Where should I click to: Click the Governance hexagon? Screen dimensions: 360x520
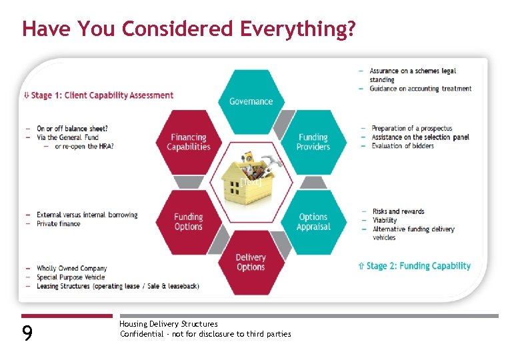click(x=251, y=101)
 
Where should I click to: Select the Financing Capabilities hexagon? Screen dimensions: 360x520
click(x=188, y=142)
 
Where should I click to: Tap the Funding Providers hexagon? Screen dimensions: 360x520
click(x=313, y=142)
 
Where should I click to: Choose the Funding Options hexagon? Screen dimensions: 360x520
click(x=188, y=221)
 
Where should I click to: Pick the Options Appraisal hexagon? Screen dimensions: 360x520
click(x=313, y=221)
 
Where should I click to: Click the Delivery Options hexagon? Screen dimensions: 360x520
click(x=251, y=262)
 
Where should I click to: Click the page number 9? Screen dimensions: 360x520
click(x=27, y=333)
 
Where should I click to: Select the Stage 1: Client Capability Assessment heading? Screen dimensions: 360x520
click(x=101, y=95)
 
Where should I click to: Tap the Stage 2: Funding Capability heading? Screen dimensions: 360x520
click(x=417, y=266)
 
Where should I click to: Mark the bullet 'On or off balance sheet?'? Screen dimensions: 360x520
click(x=72, y=129)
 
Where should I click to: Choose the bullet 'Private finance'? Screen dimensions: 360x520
click(x=59, y=224)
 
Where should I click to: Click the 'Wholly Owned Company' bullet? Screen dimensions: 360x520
click(x=71, y=269)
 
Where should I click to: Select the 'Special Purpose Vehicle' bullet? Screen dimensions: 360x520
click(x=71, y=277)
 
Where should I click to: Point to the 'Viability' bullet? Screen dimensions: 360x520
click(x=384, y=220)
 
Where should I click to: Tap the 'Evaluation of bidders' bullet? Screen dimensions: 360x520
click(x=403, y=146)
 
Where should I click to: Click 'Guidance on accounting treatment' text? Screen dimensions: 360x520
click(x=420, y=89)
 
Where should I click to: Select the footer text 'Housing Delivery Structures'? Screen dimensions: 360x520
click(x=168, y=324)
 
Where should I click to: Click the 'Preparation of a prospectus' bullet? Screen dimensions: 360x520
click(x=411, y=129)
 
